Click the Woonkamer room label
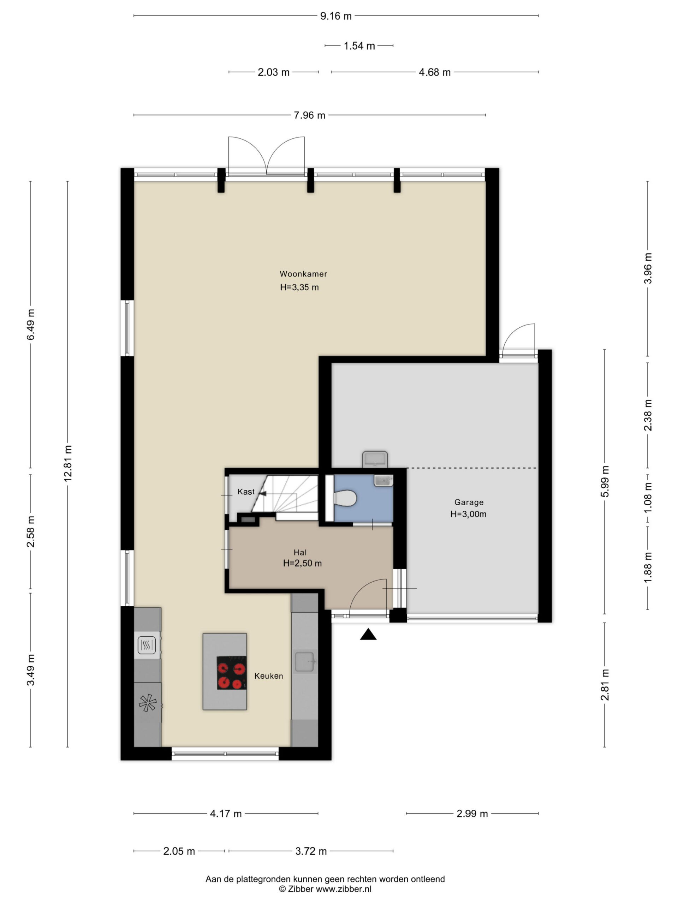click(x=303, y=274)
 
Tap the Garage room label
click(x=469, y=502)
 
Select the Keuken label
click(x=268, y=676)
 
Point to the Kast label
click(x=246, y=492)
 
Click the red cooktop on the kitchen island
click(x=231, y=673)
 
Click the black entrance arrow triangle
click(x=368, y=634)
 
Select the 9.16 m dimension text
click(x=336, y=16)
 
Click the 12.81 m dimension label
click(x=68, y=463)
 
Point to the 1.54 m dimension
click(x=359, y=46)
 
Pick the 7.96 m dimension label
click(x=310, y=115)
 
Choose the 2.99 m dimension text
click(x=472, y=813)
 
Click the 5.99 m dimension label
click(x=605, y=481)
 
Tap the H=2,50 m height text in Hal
click(x=302, y=563)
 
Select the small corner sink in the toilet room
click(x=383, y=480)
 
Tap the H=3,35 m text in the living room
click(x=299, y=287)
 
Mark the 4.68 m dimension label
click(x=435, y=72)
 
